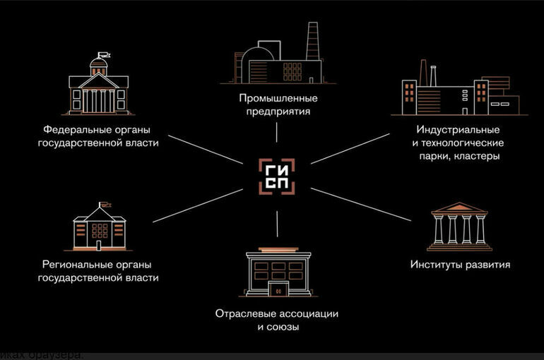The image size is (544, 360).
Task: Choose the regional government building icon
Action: click(100, 226)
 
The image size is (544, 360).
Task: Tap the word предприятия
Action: click(276, 111)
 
